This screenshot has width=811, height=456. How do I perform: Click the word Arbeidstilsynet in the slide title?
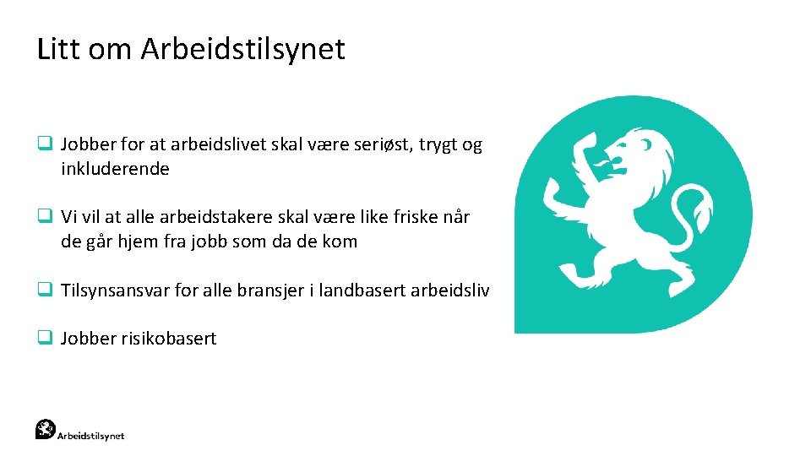[x=243, y=49]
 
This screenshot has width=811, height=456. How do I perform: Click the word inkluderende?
[x=115, y=169]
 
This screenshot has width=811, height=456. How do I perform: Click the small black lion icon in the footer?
[x=46, y=429]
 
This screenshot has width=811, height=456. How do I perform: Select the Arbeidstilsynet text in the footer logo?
[x=90, y=436]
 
